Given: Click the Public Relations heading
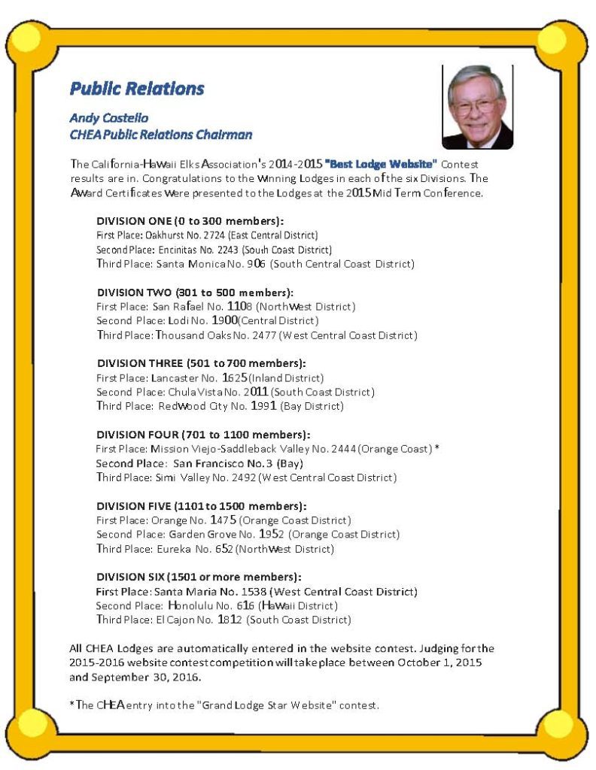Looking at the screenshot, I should point(136,89).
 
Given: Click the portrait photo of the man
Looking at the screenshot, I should point(476,106).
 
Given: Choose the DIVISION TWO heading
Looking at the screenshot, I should point(195,293).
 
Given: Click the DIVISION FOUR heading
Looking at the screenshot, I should point(203,435).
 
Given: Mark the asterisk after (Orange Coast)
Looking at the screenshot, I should point(437,449).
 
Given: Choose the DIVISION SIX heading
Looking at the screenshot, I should point(199,577).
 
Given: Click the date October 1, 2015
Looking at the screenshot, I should point(439,662).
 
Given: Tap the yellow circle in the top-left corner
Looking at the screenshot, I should point(29,37).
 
